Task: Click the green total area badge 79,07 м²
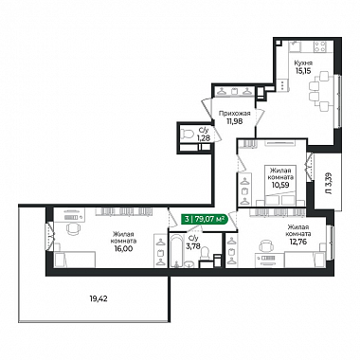(x=205, y=219)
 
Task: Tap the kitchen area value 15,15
(x=303, y=70)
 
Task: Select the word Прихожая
(x=235, y=114)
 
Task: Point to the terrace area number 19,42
(x=99, y=298)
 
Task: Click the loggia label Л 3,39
(x=329, y=183)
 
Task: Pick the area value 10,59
(x=280, y=185)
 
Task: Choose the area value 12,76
(x=298, y=242)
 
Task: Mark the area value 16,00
(x=124, y=248)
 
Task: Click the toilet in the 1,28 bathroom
(x=188, y=134)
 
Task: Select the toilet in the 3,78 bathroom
(x=206, y=254)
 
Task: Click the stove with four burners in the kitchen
(x=320, y=47)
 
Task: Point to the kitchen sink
(x=295, y=47)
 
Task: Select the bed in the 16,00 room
(x=75, y=260)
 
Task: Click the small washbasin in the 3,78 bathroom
(x=189, y=263)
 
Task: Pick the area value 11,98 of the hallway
(x=235, y=120)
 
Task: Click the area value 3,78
(x=192, y=245)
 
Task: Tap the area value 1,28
(x=203, y=137)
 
